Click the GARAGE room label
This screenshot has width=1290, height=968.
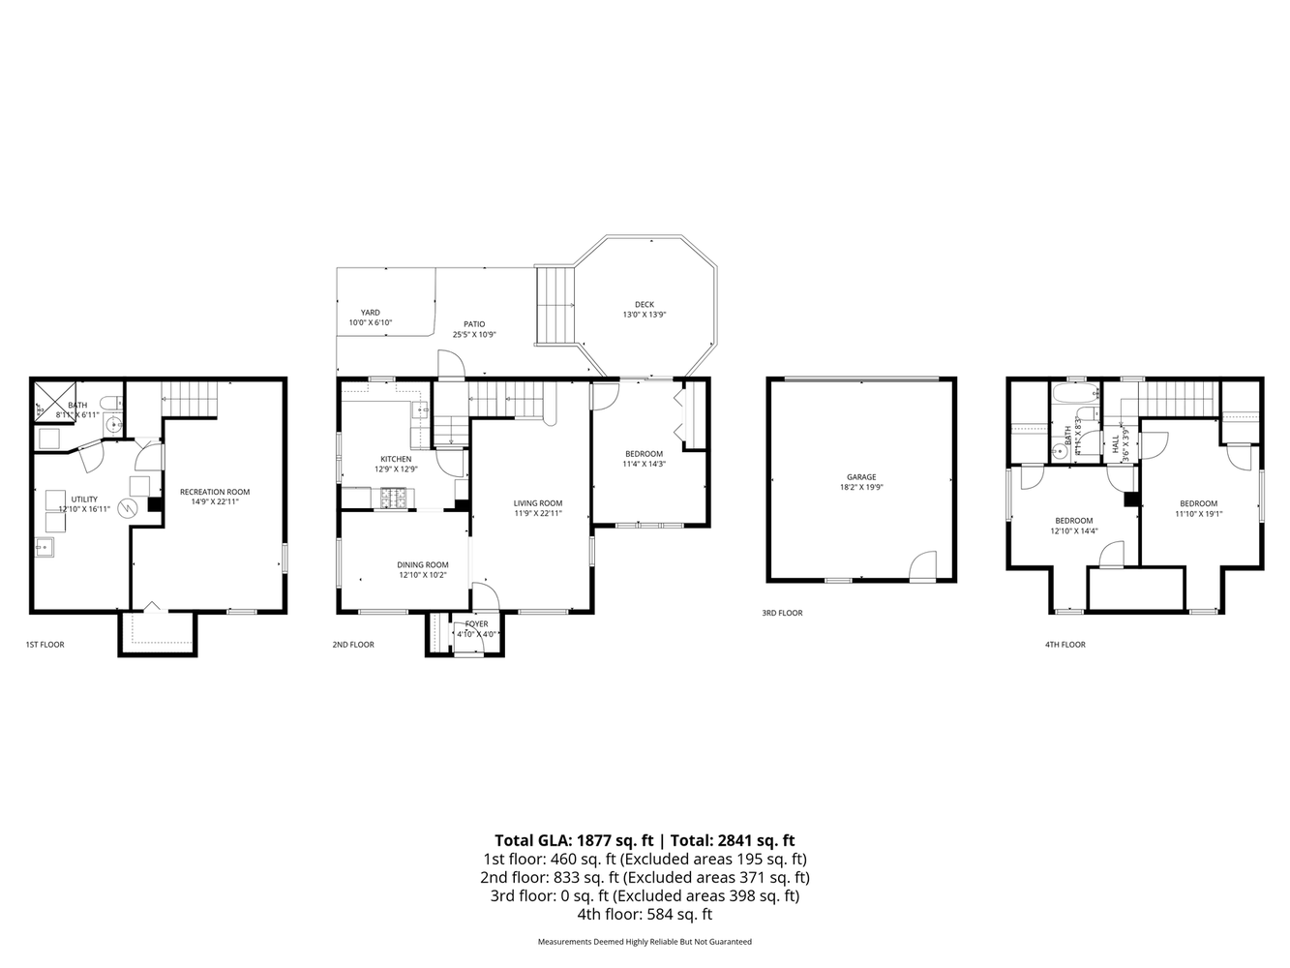click(x=860, y=476)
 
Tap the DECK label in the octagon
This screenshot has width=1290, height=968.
click(x=644, y=304)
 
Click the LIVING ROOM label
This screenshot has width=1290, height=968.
click(x=537, y=502)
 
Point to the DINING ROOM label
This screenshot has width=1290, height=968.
click(x=423, y=564)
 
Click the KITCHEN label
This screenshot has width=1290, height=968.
click(x=395, y=459)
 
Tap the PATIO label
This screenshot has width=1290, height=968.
click(x=474, y=323)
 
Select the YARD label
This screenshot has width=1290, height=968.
click(x=370, y=312)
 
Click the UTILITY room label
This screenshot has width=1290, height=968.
click(x=84, y=499)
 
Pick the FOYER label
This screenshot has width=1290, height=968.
click(x=476, y=623)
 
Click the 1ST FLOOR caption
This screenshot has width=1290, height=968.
click(x=45, y=644)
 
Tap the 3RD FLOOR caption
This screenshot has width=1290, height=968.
click(x=782, y=613)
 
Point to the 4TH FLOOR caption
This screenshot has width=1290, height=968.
click(x=1065, y=644)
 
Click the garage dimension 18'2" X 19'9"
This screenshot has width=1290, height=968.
click(x=860, y=488)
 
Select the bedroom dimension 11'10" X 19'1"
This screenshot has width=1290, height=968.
click(x=1198, y=514)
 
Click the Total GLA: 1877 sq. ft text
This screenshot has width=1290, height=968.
click(x=574, y=840)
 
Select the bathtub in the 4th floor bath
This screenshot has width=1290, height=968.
click(x=1074, y=394)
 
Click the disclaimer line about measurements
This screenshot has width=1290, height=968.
click(x=645, y=941)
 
